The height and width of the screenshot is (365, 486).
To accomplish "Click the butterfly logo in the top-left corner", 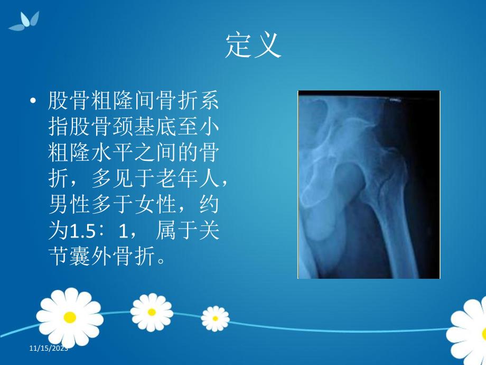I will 24,21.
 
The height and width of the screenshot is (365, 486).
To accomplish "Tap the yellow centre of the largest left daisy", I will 69,317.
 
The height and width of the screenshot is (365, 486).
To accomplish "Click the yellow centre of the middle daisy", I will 152,312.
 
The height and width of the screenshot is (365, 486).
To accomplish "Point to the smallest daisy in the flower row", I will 215,318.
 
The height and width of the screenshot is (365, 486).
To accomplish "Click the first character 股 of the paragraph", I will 57,101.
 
